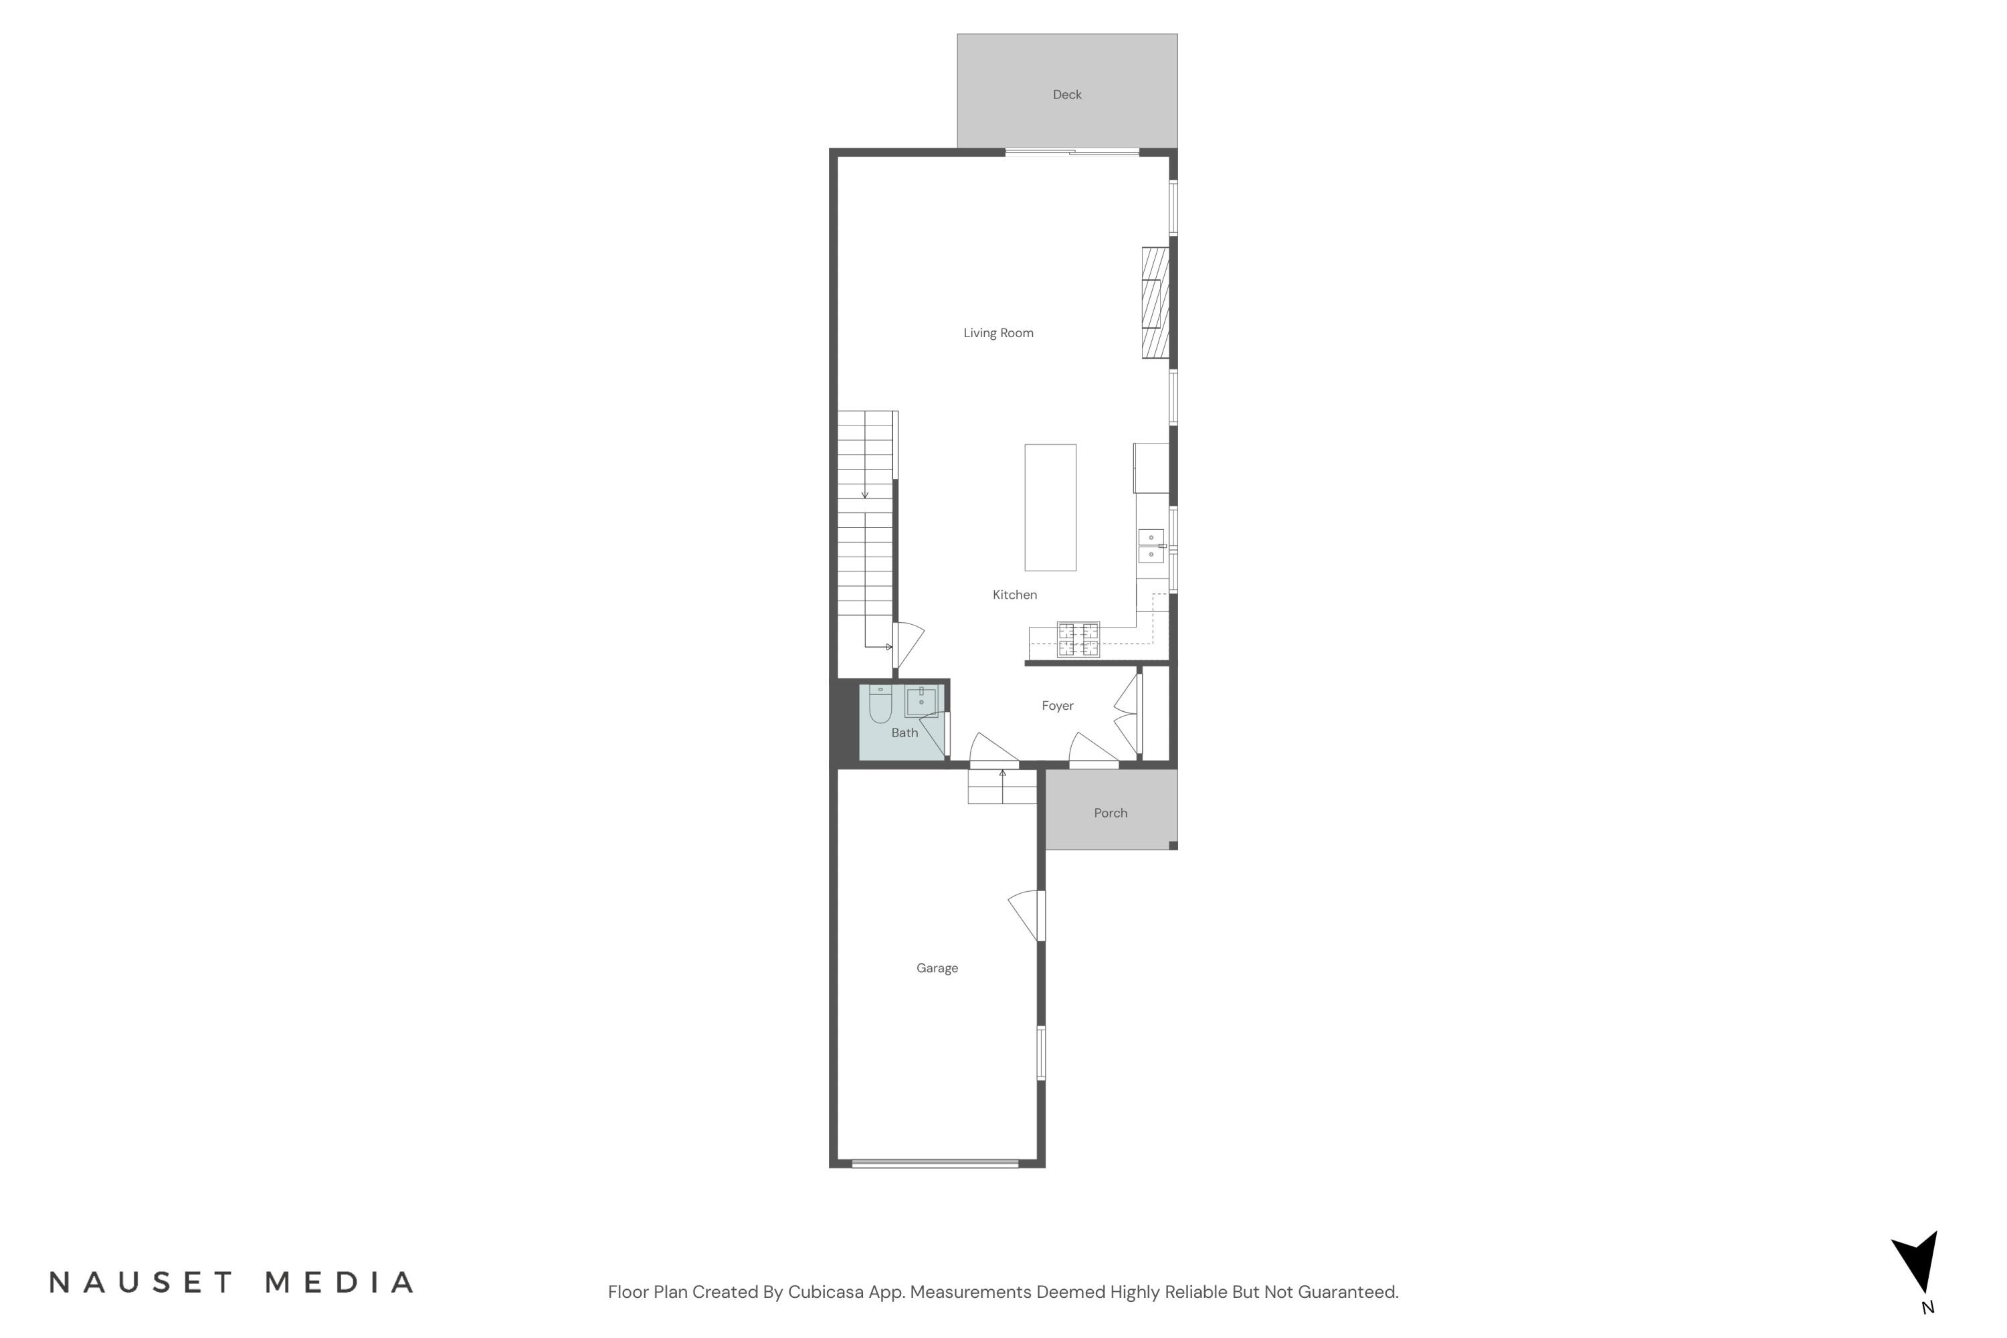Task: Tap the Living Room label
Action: click(x=998, y=332)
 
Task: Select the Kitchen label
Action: click(x=1015, y=595)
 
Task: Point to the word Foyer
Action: click(x=1057, y=706)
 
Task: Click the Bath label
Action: click(x=904, y=732)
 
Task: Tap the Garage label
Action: click(x=937, y=967)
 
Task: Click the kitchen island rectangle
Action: click(x=1050, y=507)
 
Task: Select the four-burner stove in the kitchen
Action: click(x=1078, y=639)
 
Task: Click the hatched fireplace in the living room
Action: click(x=1155, y=303)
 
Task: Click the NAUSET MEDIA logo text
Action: click(x=231, y=1282)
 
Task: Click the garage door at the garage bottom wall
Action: click(x=935, y=1163)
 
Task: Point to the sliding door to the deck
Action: click(x=1072, y=153)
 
